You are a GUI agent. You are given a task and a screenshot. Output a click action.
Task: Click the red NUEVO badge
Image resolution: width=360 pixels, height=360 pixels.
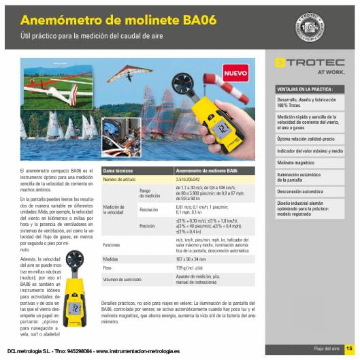236,71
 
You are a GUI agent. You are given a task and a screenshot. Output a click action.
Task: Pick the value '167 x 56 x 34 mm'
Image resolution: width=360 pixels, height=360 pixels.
191,259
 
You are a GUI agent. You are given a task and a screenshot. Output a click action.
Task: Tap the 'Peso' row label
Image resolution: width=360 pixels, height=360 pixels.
107,269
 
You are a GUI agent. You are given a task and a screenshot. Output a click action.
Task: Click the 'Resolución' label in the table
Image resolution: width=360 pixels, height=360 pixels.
149,210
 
